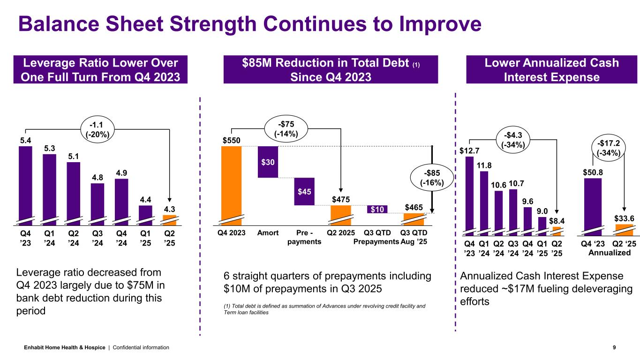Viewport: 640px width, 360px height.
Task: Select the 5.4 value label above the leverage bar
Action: [x=25, y=140]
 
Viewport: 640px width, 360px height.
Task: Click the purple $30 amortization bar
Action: [x=268, y=162]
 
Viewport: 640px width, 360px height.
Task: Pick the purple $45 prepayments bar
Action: [x=304, y=191]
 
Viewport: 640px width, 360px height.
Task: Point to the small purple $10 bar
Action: [x=377, y=209]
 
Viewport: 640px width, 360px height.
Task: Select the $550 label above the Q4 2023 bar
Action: [x=231, y=140]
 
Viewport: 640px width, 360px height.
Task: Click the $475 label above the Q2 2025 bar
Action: [x=341, y=200]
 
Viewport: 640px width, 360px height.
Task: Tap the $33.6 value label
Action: [x=624, y=218]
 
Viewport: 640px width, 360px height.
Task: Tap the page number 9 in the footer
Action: [x=615, y=347]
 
